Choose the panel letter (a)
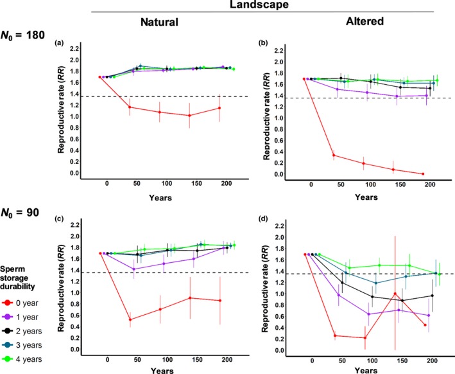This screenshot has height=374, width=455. pos(59,42)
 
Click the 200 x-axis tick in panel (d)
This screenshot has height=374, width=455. pos(426,361)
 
